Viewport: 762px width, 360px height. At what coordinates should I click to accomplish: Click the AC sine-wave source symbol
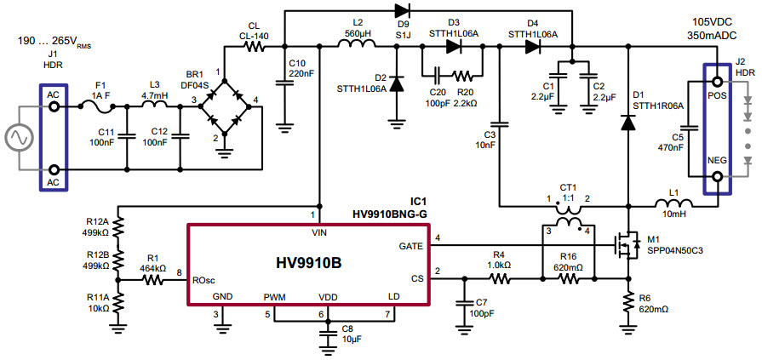[x=19, y=137]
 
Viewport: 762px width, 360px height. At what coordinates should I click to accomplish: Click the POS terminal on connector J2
[x=717, y=82]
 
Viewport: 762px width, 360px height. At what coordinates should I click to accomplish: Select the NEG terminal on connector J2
[x=717, y=177]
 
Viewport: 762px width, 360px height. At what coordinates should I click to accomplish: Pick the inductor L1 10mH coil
[x=670, y=204]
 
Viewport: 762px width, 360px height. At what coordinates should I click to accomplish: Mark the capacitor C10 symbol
[x=284, y=83]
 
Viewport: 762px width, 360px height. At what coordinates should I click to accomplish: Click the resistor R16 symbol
[x=569, y=277]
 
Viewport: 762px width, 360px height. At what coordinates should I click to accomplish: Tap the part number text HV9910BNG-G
[x=389, y=214]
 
